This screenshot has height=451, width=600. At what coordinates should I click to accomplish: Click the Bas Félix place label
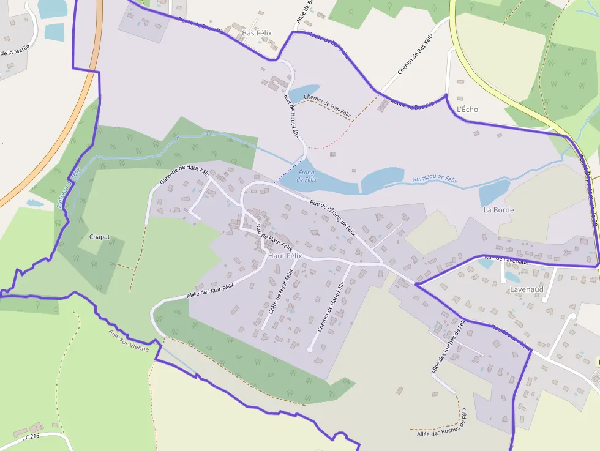[x=257, y=33]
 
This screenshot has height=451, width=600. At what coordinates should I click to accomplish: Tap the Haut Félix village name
[x=285, y=256]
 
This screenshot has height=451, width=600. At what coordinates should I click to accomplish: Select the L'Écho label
[x=468, y=110]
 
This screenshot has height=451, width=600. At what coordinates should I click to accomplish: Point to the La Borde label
[x=498, y=210]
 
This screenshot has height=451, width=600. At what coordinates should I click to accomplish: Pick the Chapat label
[x=99, y=236]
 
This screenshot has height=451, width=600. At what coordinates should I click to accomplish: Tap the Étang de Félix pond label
[x=307, y=176]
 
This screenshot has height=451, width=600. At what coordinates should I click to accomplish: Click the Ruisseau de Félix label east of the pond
[x=435, y=179]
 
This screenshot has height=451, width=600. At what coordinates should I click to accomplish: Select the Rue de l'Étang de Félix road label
[x=332, y=218]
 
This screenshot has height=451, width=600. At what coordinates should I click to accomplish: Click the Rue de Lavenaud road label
[x=506, y=261]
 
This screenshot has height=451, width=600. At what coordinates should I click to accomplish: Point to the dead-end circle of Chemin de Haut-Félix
[x=309, y=349]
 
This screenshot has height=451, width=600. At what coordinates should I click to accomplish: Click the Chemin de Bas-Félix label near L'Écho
[x=415, y=55]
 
